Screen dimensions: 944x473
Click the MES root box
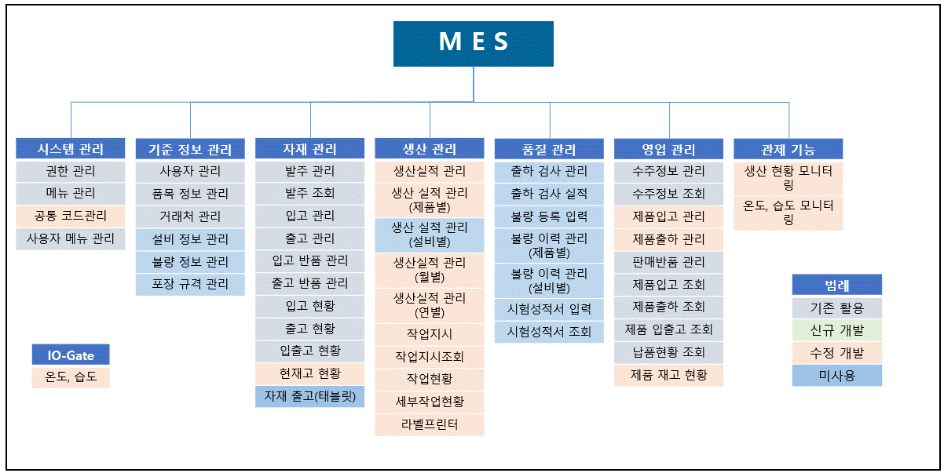tap(474, 44)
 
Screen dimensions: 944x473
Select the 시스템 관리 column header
tap(71, 148)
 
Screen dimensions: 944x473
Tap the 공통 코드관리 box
tap(71, 216)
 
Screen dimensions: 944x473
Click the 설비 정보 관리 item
tap(190, 239)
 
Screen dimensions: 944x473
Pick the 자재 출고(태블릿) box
tap(309, 396)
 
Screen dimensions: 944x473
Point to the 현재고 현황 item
tap(309, 373)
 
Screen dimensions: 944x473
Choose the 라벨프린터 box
tap(430, 424)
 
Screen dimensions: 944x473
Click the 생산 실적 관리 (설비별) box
tap(430, 235)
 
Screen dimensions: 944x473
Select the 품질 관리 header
tap(549, 149)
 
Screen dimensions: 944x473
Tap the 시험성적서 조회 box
tap(549, 332)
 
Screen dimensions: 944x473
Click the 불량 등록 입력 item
tap(549, 216)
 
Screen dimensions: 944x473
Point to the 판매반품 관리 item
tap(669, 262)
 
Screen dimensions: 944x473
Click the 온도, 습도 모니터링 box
tap(788, 213)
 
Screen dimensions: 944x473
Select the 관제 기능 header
tap(788, 149)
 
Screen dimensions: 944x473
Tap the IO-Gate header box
tap(71, 355)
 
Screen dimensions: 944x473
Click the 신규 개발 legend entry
tap(837, 330)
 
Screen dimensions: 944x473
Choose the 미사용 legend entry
tap(837, 376)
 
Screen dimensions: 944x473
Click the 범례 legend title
tap(837, 285)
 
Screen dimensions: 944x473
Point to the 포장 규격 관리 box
tap(190, 285)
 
